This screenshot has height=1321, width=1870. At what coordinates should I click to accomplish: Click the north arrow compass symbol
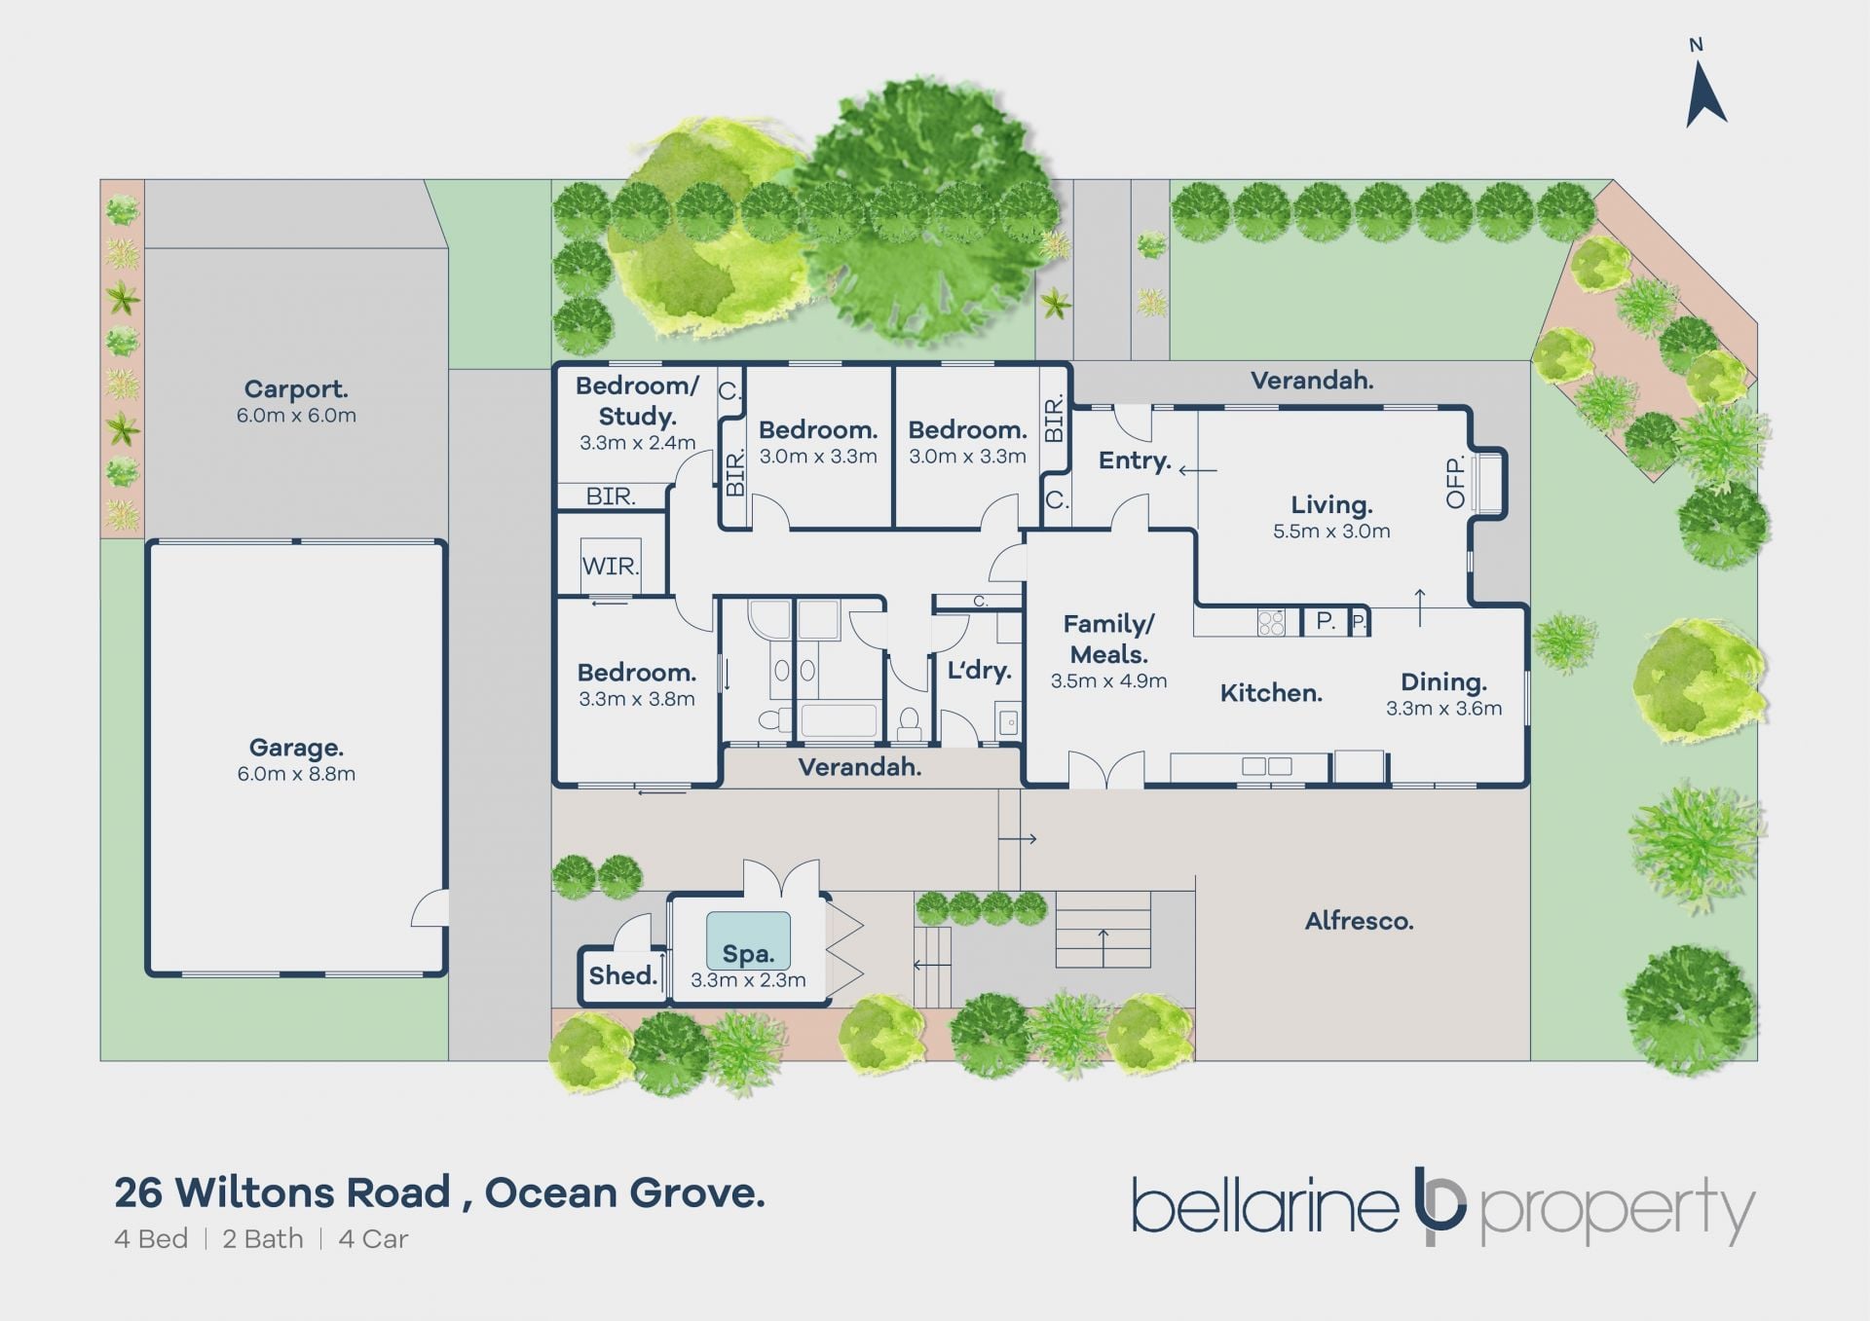coord(1705,94)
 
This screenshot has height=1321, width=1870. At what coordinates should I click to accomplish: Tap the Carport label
coord(296,388)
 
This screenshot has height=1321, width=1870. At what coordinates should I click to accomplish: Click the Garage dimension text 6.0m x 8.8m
coord(296,774)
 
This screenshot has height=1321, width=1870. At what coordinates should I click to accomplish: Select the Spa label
coord(748,955)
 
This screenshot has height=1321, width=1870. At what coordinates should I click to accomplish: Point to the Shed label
coord(623,975)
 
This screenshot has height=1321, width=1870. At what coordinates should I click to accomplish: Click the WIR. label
coord(611,567)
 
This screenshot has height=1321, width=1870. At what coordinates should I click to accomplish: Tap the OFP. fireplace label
coord(1456,483)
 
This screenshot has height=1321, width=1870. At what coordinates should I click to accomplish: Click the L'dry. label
coord(980,670)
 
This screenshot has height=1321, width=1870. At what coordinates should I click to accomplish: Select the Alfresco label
coord(1359,921)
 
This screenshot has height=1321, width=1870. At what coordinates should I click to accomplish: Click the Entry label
coord(1135,460)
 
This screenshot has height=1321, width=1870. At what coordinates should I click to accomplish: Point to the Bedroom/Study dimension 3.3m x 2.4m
coord(638,443)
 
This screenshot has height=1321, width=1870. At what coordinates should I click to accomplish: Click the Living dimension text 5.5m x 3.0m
coord(1331,532)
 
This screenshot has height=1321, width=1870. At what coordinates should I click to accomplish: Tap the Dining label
coord(1443,682)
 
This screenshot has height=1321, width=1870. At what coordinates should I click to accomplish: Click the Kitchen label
coord(1271,693)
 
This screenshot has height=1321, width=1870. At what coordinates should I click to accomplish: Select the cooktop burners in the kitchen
coord(1271,622)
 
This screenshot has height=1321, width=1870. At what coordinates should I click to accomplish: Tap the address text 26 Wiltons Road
coord(282,1193)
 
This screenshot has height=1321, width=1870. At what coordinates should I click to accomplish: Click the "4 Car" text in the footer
coord(373,1239)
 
